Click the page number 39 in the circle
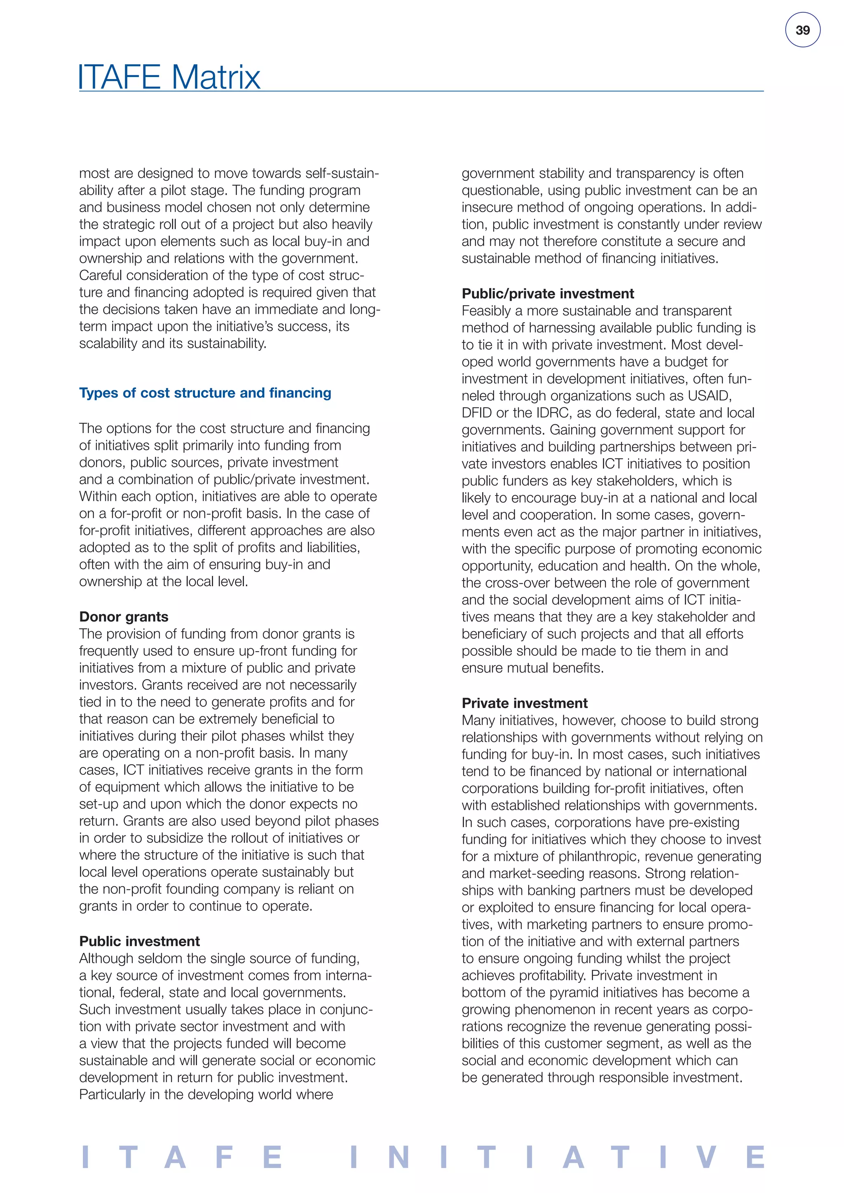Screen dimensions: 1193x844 pyautogui.click(x=802, y=30)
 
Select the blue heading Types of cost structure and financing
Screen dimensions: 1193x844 pyautogui.click(x=205, y=393)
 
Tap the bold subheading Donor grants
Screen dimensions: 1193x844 pyautogui.click(x=124, y=617)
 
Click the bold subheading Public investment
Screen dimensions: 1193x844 pyautogui.click(x=139, y=941)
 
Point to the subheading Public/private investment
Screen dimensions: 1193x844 pyautogui.click(x=548, y=294)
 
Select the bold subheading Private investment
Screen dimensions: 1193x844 pyautogui.click(x=524, y=703)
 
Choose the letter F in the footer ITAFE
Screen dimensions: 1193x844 pyautogui.click(x=224, y=1157)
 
